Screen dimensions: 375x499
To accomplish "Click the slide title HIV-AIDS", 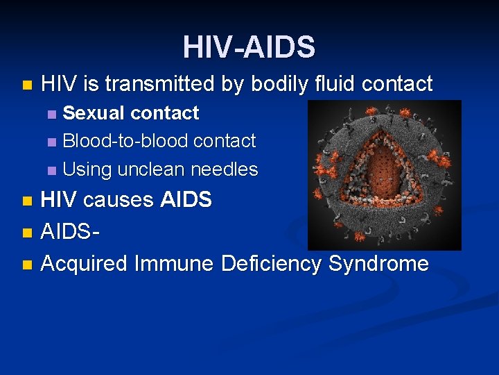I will click(249, 47).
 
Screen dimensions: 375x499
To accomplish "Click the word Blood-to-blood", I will click(125, 141).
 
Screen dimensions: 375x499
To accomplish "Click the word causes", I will click(121, 200).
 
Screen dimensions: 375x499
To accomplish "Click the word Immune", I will click(175, 264).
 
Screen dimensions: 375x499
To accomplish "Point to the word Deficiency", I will click(272, 264).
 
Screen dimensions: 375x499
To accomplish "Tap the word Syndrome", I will click(378, 264).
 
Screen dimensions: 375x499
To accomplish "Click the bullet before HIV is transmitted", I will click(26, 85).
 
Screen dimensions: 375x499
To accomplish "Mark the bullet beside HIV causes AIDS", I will click(26, 201).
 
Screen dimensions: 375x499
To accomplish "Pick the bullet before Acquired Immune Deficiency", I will click(26, 265).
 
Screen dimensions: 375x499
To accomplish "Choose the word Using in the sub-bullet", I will click(87, 169).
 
